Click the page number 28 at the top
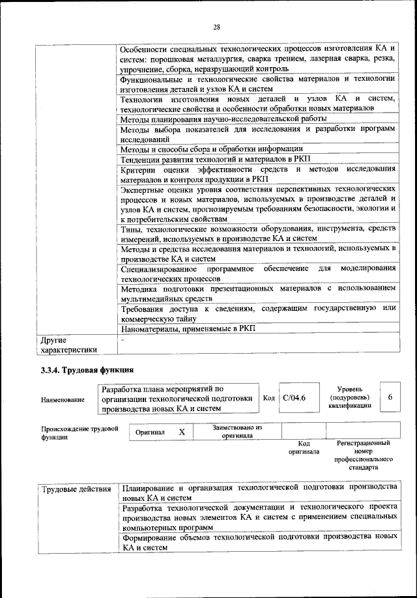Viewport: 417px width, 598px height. (216, 27)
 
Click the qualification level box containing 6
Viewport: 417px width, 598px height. (390, 397)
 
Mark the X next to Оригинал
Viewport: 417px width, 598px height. (182, 432)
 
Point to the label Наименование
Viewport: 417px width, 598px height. (63, 399)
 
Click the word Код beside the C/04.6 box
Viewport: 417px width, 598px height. (268, 398)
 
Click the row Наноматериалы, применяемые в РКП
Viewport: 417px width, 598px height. (188, 328)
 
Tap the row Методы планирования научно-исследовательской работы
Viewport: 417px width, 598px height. (214, 119)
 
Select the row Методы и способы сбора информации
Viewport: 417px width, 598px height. (212, 149)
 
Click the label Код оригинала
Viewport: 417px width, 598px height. (303, 447)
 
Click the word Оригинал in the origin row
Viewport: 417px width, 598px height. (150, 433)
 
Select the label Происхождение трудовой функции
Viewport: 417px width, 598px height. (79, 433)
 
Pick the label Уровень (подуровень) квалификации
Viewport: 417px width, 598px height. (350, 397)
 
